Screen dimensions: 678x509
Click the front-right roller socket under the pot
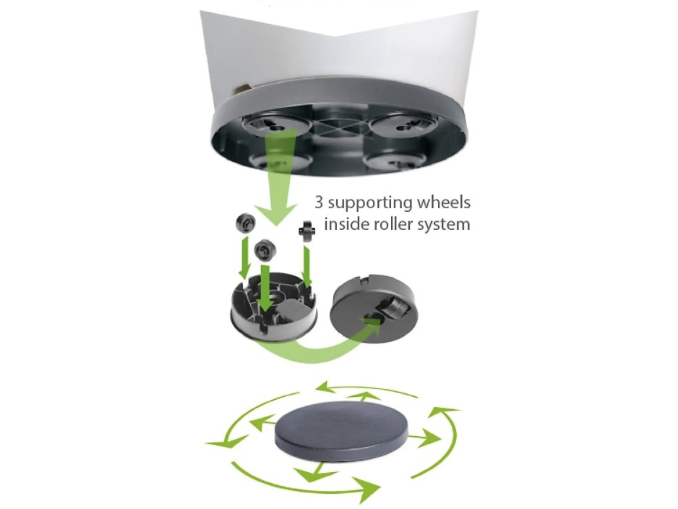pos(395,159)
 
